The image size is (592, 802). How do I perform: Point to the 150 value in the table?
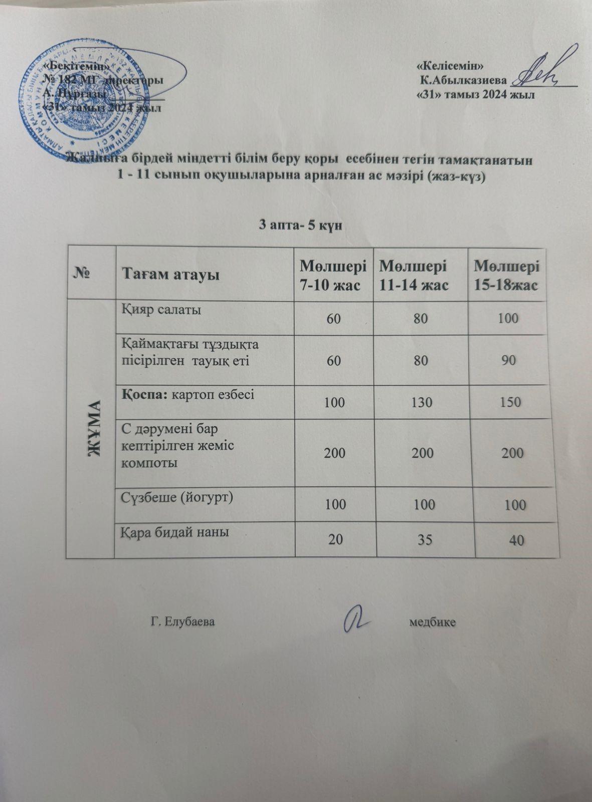click(510, 402)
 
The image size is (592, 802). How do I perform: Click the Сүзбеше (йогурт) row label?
click(178, 498)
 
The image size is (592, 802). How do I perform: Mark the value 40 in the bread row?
click(516, 539)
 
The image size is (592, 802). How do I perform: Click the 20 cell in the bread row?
click(336, 539)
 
